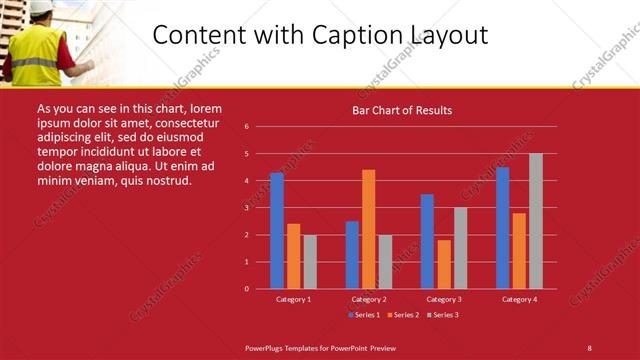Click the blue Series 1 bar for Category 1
coord(277,230)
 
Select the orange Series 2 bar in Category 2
coord(369,229)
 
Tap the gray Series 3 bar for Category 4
coord(536,221)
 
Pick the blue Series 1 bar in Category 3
coord(427,241)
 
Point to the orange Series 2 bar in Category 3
coord(444,264)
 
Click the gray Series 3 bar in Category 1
coord(310,261)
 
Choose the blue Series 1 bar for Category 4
coord(502,228)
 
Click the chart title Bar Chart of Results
coord(402,110)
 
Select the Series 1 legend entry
coord(363,315)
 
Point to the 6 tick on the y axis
coord(246,127)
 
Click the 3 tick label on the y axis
coord(246,208)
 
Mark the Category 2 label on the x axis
coord(369,299)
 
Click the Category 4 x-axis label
coord(519,299)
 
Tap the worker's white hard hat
coord(41,8)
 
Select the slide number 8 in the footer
coord(590,347)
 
